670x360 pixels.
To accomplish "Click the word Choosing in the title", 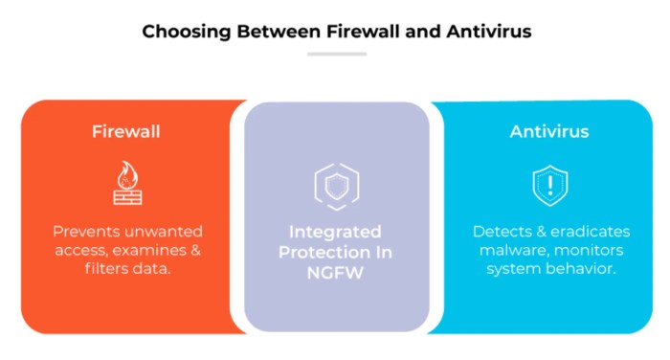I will pos(180,32).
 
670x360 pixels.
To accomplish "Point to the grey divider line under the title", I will pos(336,54).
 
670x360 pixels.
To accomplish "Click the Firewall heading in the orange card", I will pos(125,131).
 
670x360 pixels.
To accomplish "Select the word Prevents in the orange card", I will pos(84,231).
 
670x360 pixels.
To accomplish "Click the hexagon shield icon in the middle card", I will pos(336,187).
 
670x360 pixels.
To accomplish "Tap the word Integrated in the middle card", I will pos(336,232).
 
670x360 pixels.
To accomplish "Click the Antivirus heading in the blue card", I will pos(548,131).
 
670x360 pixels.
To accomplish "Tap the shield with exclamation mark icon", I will pos(549,186).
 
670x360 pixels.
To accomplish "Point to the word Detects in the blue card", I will pos(500,231).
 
